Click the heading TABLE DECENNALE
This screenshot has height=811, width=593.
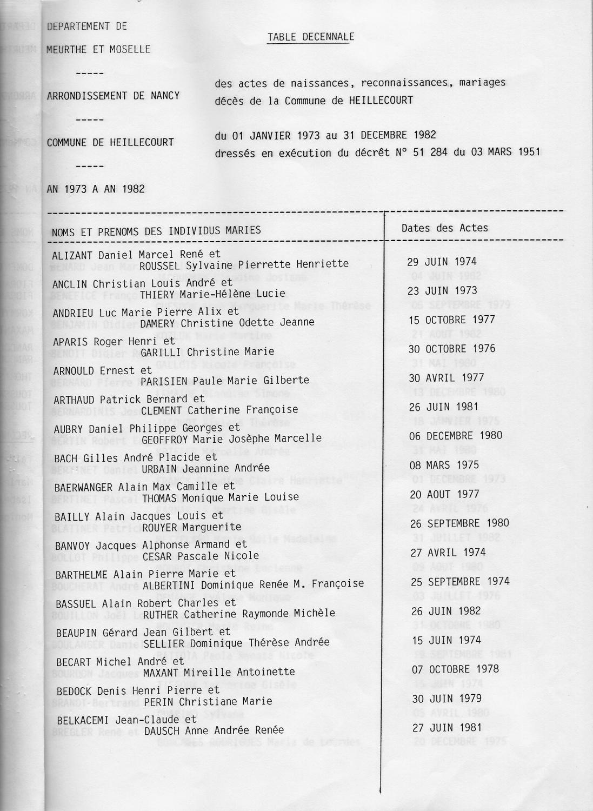pos(311,37)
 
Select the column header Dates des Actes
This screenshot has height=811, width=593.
pos(444,228)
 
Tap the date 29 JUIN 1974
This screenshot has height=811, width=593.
pos(442,262)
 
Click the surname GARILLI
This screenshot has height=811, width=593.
pos(158,352)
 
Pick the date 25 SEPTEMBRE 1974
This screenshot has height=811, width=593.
pos(459,582)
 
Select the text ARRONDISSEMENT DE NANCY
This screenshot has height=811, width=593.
pos(113,96)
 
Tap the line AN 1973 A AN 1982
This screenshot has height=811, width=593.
pos(96,189)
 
